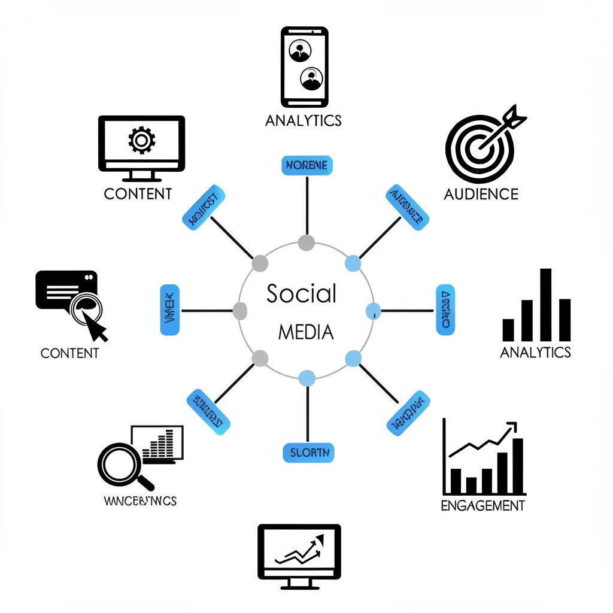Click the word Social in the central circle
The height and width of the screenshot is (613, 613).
click(x=301, y=294)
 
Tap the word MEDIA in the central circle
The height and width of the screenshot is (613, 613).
click(x=306, y=332)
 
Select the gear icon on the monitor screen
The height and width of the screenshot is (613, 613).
click(x=141, y=140)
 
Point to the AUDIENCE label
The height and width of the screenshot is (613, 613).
click(x=481, y=194)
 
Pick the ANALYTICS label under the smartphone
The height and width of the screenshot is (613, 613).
click(x=303, y=120)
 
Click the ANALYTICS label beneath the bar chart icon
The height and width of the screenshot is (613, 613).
click(x=535, y=352)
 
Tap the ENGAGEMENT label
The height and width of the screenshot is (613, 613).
click(x=482, y=506)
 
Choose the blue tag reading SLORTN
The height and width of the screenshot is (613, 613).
click(x=308, y=453)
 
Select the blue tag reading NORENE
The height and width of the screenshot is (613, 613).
click(x=306, y=166)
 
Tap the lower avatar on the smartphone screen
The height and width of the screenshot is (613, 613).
click(x=311, y=78)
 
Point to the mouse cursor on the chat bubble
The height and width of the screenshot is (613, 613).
click(x=95, y=326)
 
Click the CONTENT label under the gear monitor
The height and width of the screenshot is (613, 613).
click(x=138, y=194)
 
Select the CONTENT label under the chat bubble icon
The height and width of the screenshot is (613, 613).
click(x=69, y=353)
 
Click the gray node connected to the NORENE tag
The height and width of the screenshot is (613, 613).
click(x=306, y=242)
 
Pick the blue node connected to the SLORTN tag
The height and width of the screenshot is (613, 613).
click(x=306, y=378)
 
